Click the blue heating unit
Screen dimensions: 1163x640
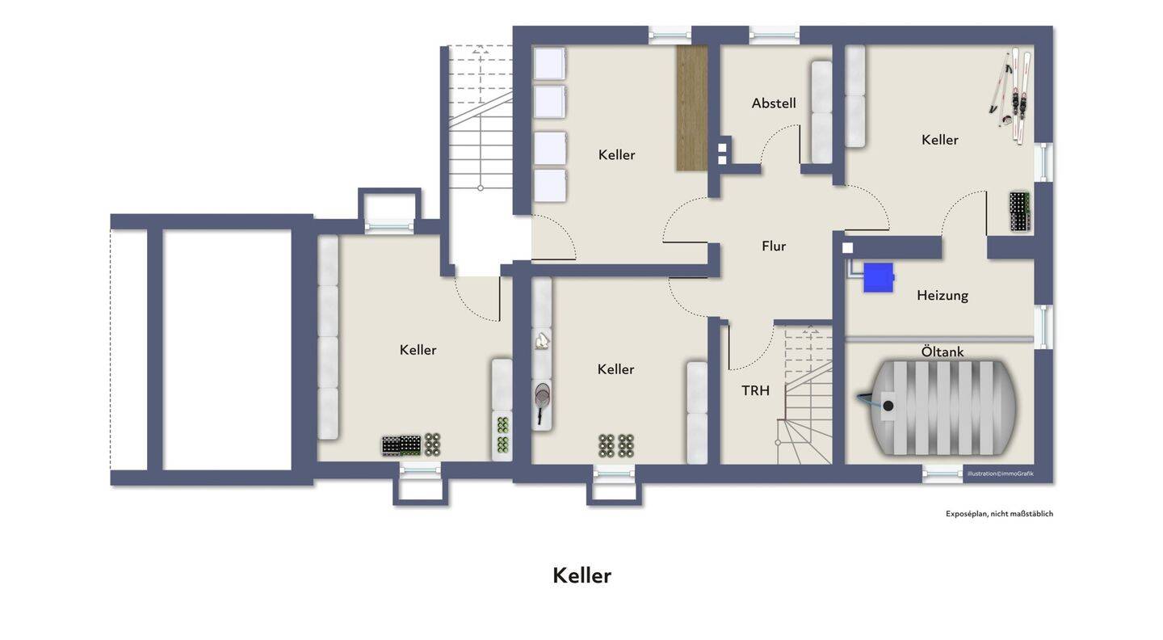click(879, 277)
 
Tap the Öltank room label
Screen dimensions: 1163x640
click(943, 352)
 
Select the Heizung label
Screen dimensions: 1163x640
click(943, 296)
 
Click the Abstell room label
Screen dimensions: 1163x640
click(774, 103)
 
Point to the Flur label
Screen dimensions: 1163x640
click(774, 246)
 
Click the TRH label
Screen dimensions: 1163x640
click(755, 390)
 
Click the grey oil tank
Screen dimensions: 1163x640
click(936, 408)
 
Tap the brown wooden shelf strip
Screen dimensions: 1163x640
click(692, 108)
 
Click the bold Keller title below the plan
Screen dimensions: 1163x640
click(582, 575)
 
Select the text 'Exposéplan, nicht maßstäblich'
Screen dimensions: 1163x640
click(1000, 514)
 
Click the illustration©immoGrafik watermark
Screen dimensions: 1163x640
click(1001, 474)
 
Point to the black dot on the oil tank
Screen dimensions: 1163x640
click(888, 406)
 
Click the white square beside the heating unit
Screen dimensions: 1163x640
click(847, 248)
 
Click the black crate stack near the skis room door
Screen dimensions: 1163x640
click(1020, 212)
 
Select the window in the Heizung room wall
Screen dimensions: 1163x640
click(1043, 326)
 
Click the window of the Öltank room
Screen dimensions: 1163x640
click(943, 474)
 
